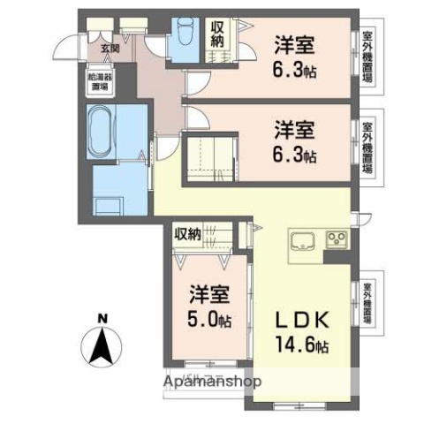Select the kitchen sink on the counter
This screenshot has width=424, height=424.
(x=301, y=240)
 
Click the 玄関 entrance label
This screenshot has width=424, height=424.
(x=110, y=49)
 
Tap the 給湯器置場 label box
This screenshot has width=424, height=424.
(x=98, y=81)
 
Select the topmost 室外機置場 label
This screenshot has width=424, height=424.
(x=367, y=57)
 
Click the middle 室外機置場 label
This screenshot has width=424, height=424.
(x=367, y=148)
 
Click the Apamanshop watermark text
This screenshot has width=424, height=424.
(x=212, y=382)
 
